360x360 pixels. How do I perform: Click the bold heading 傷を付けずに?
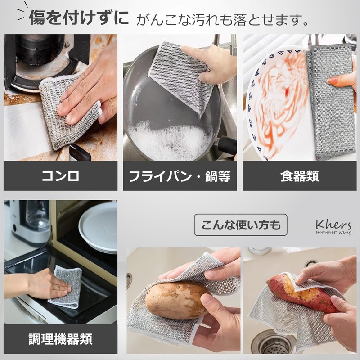coord(79,18)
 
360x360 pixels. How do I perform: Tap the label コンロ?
coord(60,176)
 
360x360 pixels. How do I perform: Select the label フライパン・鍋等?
coord(180,176)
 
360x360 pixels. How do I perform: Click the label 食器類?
coord(299,176)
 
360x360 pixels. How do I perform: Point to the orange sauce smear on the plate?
coord(279,103)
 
